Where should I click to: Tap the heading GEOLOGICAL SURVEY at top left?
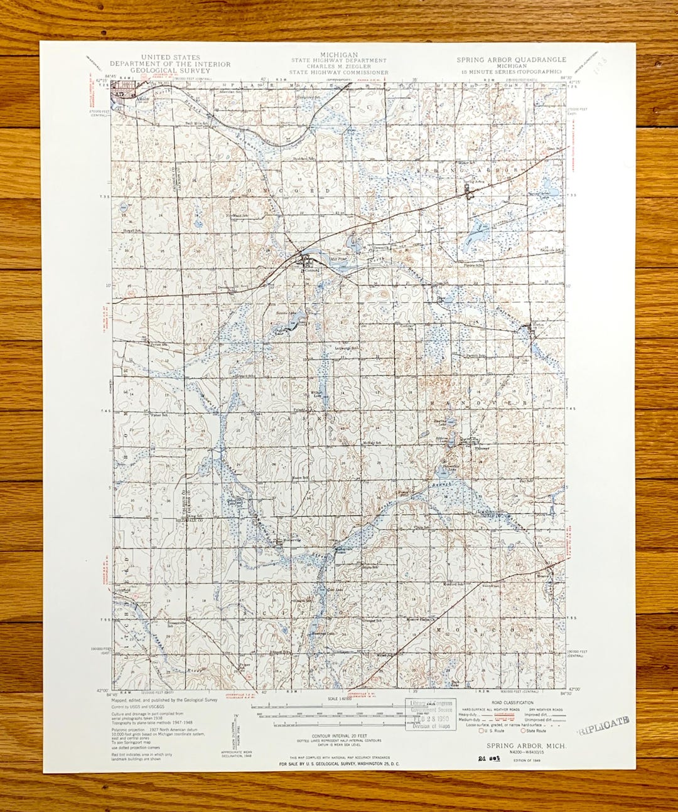[x=169, y=70]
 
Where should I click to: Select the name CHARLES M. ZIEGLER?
[x=338, y=67]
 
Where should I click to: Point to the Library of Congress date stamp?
[x=430, y=714]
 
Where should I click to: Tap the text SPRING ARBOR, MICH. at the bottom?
[x=526, y=745]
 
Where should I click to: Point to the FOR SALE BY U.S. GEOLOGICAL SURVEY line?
[x=338, y=764]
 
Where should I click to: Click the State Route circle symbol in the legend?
[x=522, y=730]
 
